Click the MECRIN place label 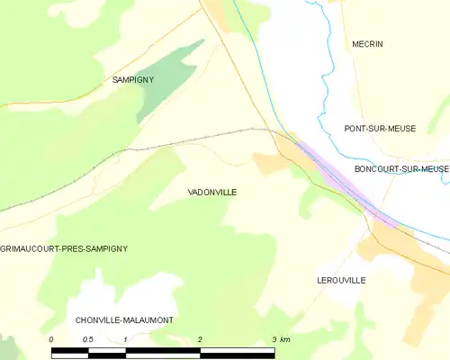pyautogui.click(x=367, y=44)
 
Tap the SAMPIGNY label pyautogui.click(x=132, y=80)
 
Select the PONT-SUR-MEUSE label pyautogui.click(x=380, y=129)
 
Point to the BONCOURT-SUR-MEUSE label pyautogui.click(x=401, y=168)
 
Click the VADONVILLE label pyautogui.click(x=212, y=193)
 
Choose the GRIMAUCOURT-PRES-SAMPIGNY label pyautogui.click(x=64, y=247)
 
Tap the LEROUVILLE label pyautogui.click(x=341, y=281)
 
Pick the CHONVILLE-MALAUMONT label pyautogui.click(x=124, y=319)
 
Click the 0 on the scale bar pyautogui.click(x=51, y=338)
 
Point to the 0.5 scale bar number pyautogui.click(x=88, y=338)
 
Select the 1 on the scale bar pyautogui.click(x=125, y=338)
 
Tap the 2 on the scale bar pyautogui.click(x=200, y=338)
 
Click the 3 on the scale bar pyautogui.click(x=274, y=338)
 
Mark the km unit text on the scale pyautogui.click(x=285, y=338)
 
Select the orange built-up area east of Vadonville pyautogui.click(x=270, y=163)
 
